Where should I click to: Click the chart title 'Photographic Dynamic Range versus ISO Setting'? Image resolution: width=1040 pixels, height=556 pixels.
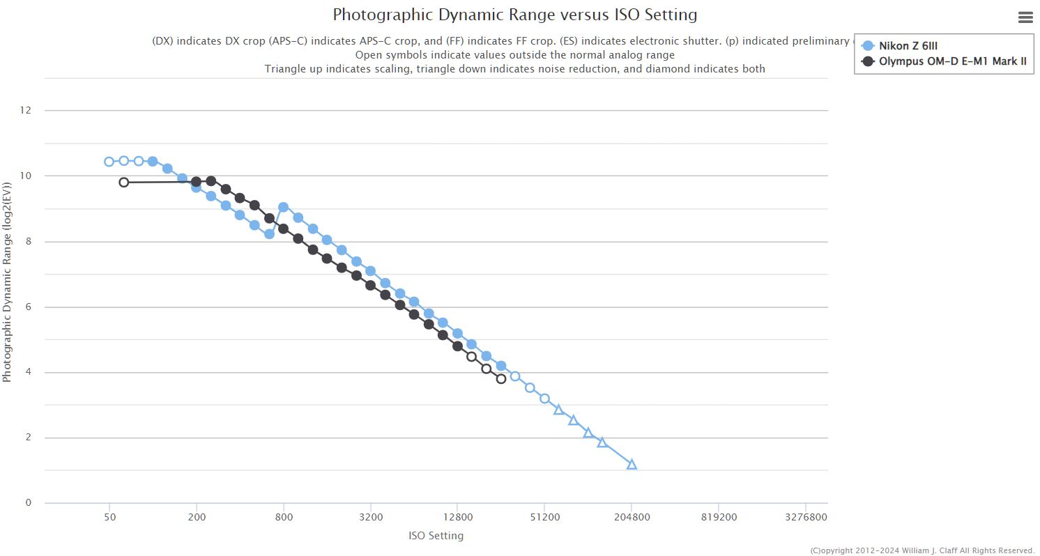pos(514,15)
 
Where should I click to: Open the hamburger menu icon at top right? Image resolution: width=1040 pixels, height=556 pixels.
pos(1025,18)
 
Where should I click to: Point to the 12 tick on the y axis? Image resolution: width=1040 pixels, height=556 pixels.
pos(28,110)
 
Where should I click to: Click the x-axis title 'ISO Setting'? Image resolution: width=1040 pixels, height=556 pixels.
pos(436,536)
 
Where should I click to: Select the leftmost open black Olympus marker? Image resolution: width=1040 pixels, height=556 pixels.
pos(124,183)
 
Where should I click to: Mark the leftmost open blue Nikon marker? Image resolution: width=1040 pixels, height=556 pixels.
pos(109,162)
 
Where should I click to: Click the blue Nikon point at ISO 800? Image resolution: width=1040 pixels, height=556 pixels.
pos(283,207)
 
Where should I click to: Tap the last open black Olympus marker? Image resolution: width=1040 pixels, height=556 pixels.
pos(500,379)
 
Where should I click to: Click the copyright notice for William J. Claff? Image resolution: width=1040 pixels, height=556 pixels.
pos(922,550)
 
